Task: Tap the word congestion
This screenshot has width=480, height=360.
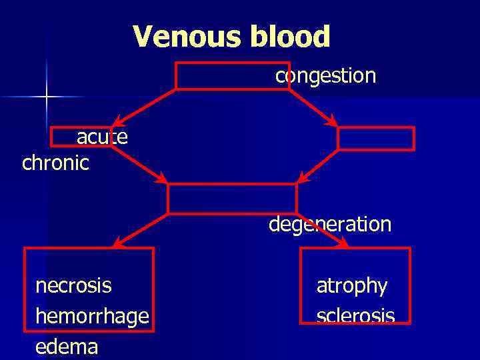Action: (x=326, y=76)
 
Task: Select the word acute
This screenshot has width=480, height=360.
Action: (x=102, y=137)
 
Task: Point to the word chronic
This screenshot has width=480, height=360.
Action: (x=55, y=163)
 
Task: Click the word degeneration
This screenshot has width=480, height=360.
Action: (x=330, y=224)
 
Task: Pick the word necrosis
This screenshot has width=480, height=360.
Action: (x=73, y=286)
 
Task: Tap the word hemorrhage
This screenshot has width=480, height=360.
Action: (x=91, y=317)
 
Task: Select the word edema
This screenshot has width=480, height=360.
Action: (x=66, y=347)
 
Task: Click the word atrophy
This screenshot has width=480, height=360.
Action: (x=351, y=286)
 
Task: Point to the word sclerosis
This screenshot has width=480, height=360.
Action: (x=355, y=315)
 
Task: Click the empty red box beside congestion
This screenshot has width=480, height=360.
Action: (x=223, y=75)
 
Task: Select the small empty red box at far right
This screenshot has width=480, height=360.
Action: (x=376, y=138)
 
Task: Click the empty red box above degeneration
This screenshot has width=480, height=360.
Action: (x=231, y=199)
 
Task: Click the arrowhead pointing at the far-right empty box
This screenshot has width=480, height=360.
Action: (x=331, y=121)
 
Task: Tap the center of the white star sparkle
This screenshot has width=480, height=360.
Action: (x=46, y=97)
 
